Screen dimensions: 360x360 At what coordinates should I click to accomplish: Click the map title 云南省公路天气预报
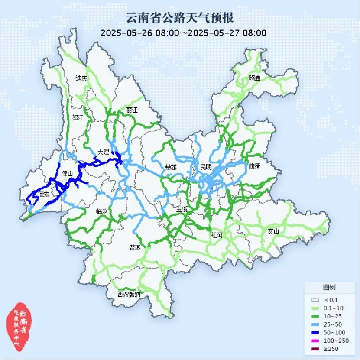click(180, 18)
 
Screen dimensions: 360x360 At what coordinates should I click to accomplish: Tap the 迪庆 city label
click(81, 78)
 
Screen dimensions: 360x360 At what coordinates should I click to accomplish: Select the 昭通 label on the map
click(255, 78)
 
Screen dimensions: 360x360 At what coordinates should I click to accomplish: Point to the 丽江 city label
click(132, 110)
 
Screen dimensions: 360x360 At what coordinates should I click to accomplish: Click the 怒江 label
click(78, 117)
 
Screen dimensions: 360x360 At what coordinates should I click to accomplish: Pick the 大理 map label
click(104, 152)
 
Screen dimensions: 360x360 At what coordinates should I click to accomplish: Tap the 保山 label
click(68, 174)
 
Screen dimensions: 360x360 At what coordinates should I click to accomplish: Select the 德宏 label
click(44, 195)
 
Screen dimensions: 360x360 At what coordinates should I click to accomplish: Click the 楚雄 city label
click(171, 167)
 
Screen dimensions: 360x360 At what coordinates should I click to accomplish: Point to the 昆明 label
click(206, 167)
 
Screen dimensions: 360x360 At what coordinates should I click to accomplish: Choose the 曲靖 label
click(255, 165)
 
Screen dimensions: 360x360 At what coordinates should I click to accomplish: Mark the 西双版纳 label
click(129, 295)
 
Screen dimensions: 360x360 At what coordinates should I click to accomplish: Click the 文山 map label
click(273, 231)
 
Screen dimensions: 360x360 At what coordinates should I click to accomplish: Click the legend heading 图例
click(329, 287)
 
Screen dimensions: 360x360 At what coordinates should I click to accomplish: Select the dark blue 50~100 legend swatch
click(315, 332)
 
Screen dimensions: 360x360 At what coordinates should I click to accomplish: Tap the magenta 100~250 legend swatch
click(315, 341)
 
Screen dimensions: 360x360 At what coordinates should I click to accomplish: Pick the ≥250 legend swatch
click(315, 349)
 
